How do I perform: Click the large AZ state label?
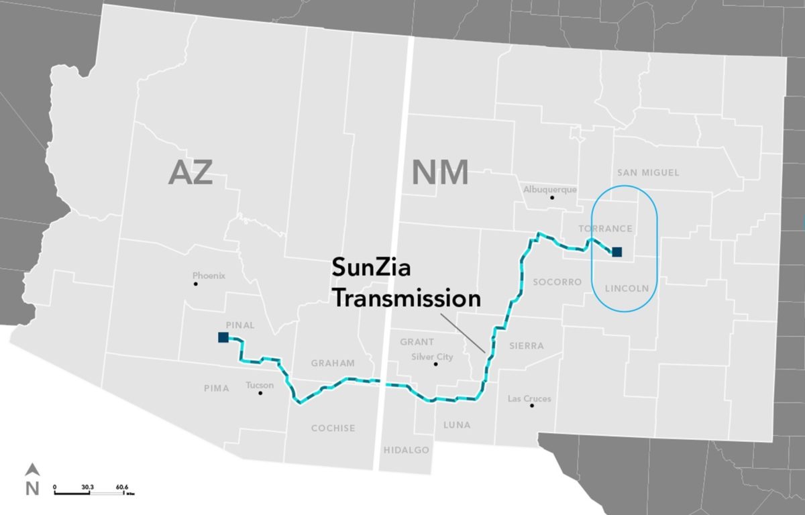tap(191, 173)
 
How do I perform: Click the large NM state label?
tap(439, 173)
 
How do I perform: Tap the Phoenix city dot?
tap(196, 284)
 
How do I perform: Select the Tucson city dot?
tap(261, 393)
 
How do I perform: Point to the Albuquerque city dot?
tap(552, 198)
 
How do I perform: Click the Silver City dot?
tap(436, 364)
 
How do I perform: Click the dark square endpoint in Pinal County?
tap(223, 337)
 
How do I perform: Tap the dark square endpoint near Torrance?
tap(617, 252)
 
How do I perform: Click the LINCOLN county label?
tap(627, 289)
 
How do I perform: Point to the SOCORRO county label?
tap(557, 282)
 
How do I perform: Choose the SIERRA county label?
tap(527, 346)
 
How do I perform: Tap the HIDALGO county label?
tap(406, 450)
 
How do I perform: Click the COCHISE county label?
tap(333, 428)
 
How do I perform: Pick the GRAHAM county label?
tap(333, 363)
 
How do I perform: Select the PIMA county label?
tap(217, 388)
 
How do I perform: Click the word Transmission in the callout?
tap(407, 299)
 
